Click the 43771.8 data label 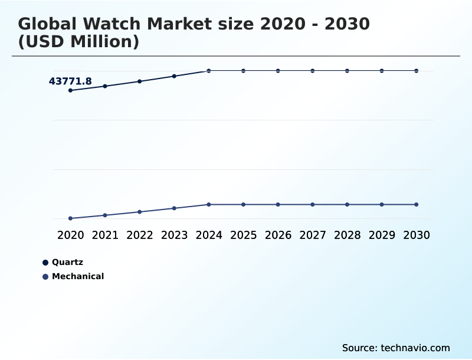tap(70, 81)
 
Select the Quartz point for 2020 tap(70, 90)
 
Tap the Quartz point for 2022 tap(140, 81)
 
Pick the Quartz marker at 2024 tap(209, 71)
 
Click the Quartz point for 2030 tap(416, 71)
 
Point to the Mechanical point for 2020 tap(70, 218)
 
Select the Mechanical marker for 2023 tap(174, 208)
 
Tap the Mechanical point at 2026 tap(278, 204)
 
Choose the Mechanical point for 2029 tap(382, 204)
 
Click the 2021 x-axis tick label tap(105, 235)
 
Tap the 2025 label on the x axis tap(243, 235)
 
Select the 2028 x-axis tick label tap(347, 235)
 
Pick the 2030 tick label tap(416, 235)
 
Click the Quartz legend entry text tap(67, 262)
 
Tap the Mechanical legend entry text tap(78, 276)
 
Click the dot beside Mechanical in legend tap(45, 276)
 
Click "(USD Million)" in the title tap(78, 42)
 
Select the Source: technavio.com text tap(396, 348)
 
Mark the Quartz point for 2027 tap(313, 71)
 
